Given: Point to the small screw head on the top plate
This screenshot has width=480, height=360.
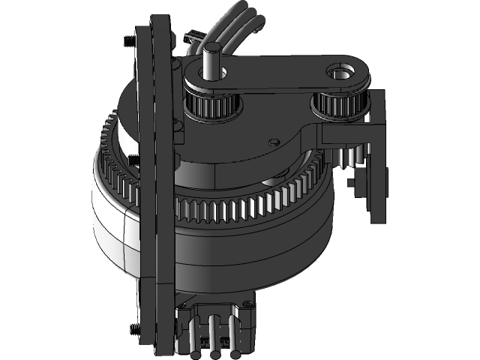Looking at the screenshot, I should [274, 139].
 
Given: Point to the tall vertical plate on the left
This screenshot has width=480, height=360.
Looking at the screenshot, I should [154, 187].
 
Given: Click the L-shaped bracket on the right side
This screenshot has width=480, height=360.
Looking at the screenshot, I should [375, 150].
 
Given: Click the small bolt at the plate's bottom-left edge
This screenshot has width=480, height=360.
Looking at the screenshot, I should [133, 327].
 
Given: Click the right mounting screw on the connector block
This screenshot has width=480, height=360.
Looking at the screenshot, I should [244, 304].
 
